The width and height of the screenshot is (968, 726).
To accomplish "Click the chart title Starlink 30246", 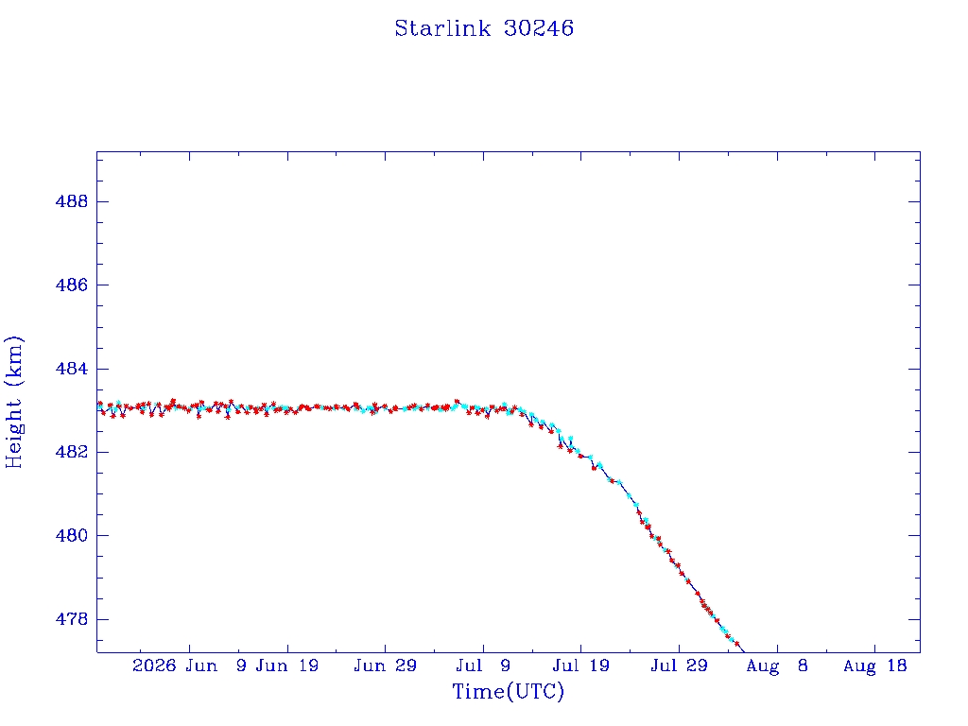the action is coord(484,28).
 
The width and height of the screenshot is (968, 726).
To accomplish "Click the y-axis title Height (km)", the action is coord(13,402).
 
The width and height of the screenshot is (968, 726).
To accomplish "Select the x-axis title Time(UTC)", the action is coord(508,691).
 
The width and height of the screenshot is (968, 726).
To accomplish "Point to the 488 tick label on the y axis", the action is coord(72,201).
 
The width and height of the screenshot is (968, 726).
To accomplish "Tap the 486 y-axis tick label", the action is coord(72,285).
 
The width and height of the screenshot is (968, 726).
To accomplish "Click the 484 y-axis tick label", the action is coord(72,369).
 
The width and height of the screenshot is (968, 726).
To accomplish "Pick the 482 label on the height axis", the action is coord(72,452).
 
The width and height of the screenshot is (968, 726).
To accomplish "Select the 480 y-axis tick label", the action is coord(72,535).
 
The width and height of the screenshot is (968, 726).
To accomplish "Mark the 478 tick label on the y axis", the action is coord(72,618).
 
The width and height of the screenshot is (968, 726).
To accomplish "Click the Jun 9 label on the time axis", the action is coord(216,666).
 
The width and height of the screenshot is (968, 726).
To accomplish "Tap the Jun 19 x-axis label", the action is coord(287,666).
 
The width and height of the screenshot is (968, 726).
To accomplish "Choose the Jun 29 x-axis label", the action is coord(386,666).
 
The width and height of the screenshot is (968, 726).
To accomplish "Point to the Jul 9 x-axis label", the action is coord(483,666).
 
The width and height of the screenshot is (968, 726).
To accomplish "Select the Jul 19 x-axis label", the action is coord(581,666).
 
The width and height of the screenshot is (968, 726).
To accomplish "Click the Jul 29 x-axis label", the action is coord(679,666).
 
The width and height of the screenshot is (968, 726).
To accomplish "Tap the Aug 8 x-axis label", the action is coord(777,666).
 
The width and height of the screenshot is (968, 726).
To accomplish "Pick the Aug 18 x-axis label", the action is coord(874,666).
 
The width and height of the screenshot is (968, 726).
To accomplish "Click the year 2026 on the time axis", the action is coord(154,666).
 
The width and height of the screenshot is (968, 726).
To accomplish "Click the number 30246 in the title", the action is coord(539,28).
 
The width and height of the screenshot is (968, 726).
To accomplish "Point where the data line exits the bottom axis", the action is coord(745,652).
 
